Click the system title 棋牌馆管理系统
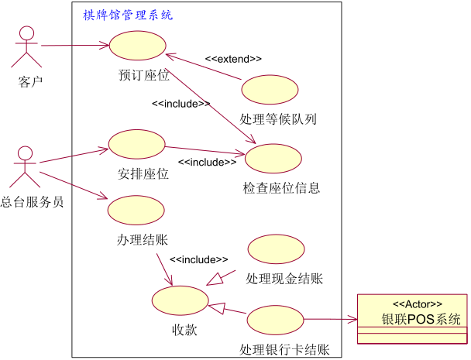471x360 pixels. tap(129, 15)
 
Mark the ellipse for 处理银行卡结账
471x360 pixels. tap(275, 320)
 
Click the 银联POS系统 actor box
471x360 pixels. tap(412, 319)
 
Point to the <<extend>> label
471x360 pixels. tap(233, 59)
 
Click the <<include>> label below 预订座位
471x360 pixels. tap(180, 104)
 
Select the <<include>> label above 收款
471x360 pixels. tap(198, 259)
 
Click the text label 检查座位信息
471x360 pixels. tap(281, 188)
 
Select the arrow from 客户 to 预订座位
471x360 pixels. tap(74, 46)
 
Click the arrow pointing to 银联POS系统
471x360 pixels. tap(329, 319)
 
